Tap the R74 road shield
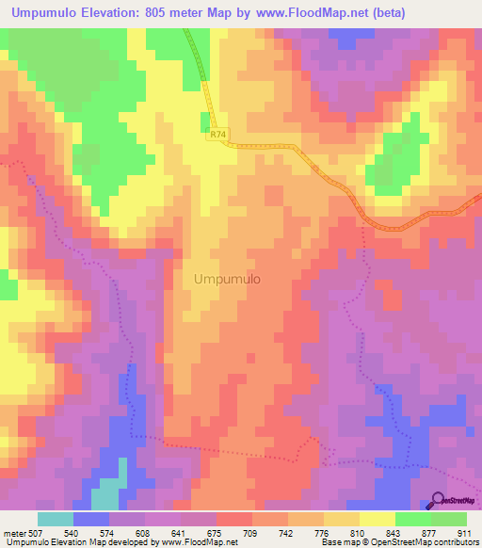(x=218, y=136)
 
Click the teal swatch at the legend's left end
(x=56, y=519)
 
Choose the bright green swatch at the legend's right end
(x=449, y=519)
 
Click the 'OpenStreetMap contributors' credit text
(x=422, y=542)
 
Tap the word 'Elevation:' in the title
(x=104, y=13)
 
